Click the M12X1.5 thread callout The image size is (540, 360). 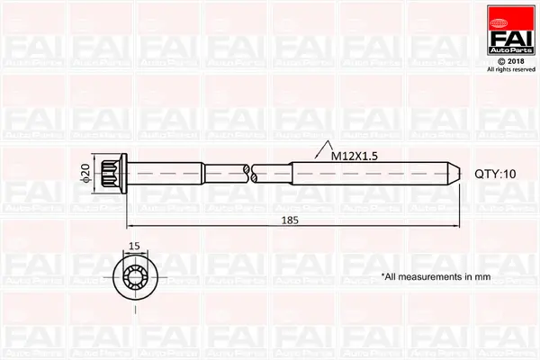pyautogui.click(x=353, y=156)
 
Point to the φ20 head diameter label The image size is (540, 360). pyautogui.click(x=85, y=174)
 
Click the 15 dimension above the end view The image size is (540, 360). pyautogui.click(x=135, y=245)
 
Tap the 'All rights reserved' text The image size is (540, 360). pyautogui.click(x=510, y=69)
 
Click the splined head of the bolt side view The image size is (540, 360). pyautogui.click(x=113, y=174)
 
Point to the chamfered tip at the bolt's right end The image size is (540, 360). pyautogui.click(x=455, y=174)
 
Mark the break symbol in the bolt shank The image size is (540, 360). pyautogui.click(x=252, y=173)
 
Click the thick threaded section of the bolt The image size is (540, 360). pyautogui.click(x=369, y=174)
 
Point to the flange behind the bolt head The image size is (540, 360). pyautogui.click(x=127, y=174)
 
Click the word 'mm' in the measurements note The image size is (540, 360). pyautogui.click(x=482, y=276)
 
